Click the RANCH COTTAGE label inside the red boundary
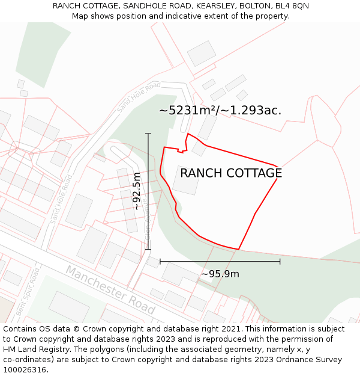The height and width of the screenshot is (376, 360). [x=231, y=173]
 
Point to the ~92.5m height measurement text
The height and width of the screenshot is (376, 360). [x=137, y=191]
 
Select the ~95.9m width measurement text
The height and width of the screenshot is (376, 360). [x=220, y=274]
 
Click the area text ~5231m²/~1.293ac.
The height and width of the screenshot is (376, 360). [x=220, y=110]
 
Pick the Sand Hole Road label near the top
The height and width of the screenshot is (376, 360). [x=139, y=96]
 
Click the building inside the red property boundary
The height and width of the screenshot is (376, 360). [x=186, y=180]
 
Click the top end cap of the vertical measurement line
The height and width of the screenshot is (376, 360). [x=148, y=134]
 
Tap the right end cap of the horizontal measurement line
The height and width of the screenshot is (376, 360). [x=280, y=261]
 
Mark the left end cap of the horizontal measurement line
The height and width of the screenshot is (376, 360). [x=160, y=261]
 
